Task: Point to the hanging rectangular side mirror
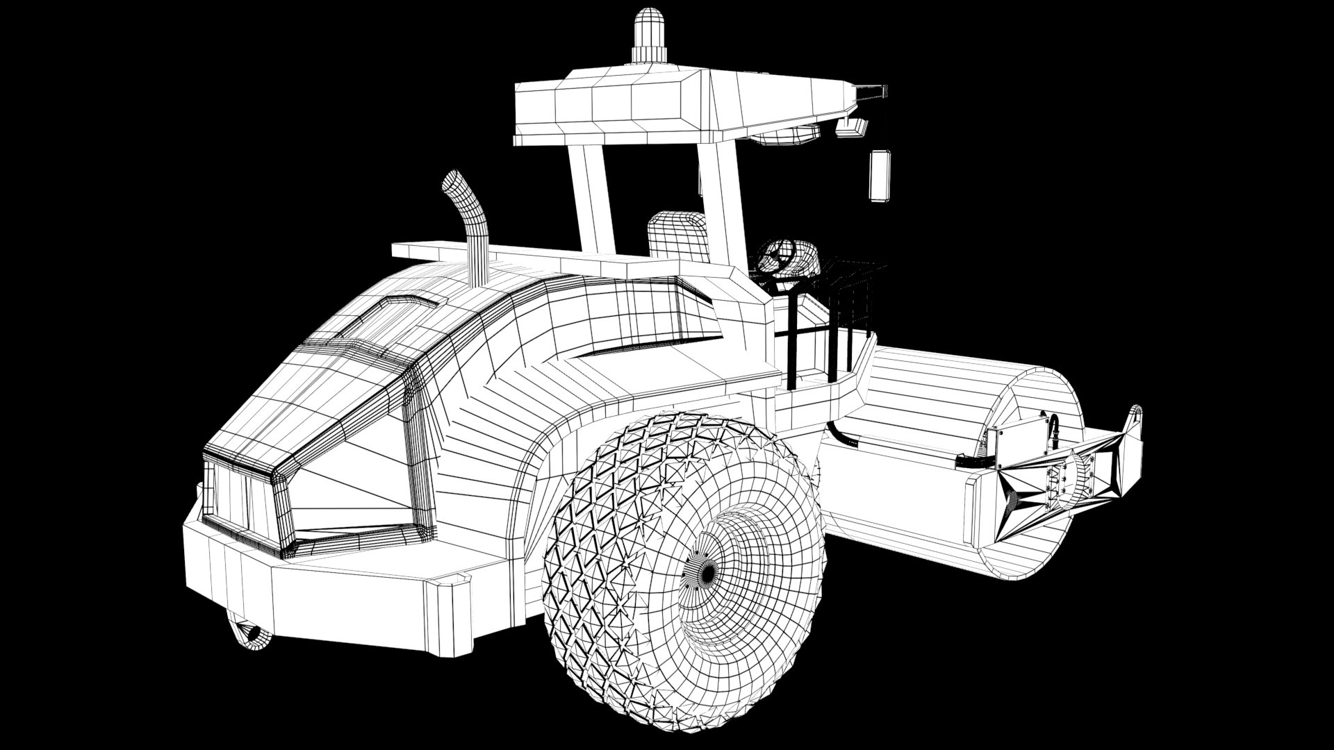(880, 176)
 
